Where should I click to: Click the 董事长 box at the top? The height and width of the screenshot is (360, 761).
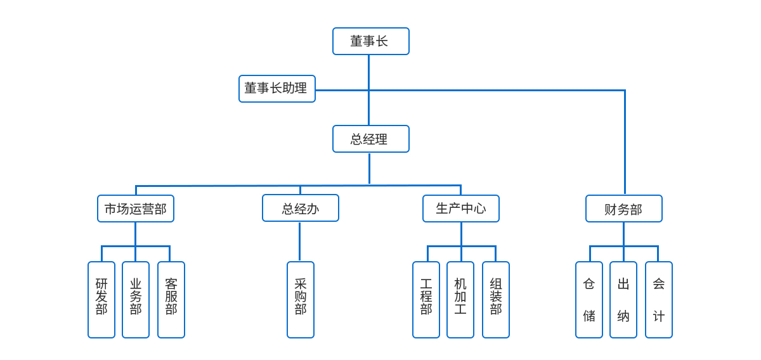point(371,41)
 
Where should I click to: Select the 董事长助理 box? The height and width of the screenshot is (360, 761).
point(277,89)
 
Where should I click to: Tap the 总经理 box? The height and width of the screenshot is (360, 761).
point(371,139)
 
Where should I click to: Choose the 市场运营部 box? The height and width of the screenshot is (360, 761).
point(136,209)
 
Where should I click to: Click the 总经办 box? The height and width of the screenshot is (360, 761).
point(301,208)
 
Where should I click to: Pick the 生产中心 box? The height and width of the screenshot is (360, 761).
point(461,209)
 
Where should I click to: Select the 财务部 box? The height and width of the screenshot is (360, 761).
point(624,209)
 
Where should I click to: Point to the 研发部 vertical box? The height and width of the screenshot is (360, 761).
point(101,300)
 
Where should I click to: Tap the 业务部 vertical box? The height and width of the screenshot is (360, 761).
point(136,300)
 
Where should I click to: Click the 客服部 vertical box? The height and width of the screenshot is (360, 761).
point(171,300)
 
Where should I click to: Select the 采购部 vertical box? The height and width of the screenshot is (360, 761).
point(301,300)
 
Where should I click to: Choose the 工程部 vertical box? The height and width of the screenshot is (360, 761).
point(426,300)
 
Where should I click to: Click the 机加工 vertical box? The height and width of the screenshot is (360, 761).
point(460,300)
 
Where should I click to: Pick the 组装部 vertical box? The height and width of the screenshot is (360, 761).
point(496,300)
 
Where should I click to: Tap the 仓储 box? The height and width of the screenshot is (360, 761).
point(589,300)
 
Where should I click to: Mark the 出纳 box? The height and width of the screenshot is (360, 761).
point(623,300)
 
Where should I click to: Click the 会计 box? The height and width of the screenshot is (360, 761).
point(659,300)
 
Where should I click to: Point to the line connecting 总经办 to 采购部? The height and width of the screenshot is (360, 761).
point(300,241)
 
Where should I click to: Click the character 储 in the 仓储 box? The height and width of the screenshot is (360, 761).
point(589,316)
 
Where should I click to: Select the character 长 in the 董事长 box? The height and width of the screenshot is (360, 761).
point(382,41)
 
